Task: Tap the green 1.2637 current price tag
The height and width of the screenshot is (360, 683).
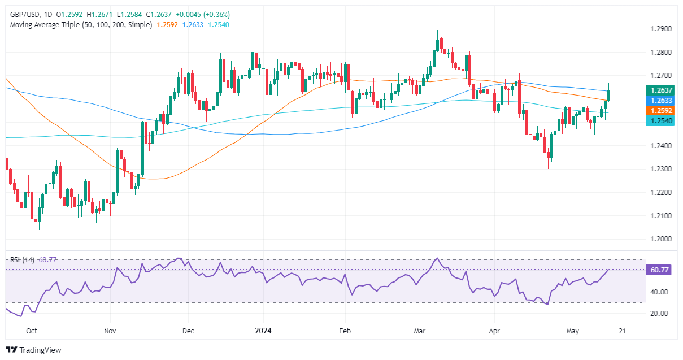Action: point(660,90)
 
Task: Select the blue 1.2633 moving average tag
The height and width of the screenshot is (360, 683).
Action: point(660,100)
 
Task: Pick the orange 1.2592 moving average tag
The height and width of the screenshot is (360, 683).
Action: point(660,111)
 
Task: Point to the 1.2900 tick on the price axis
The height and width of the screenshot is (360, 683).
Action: point(660,29)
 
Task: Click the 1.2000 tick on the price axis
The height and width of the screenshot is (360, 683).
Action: point(660,239)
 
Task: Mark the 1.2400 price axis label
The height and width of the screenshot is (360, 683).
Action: point(660,146)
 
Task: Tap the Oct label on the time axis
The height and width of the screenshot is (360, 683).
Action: point(32,331)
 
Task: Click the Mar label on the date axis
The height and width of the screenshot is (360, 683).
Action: point(419,331)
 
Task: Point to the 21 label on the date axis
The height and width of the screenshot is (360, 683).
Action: point(622,331)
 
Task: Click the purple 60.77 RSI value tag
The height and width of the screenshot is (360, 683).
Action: point(660,270)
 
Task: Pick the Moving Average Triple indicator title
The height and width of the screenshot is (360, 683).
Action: point(80,24)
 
